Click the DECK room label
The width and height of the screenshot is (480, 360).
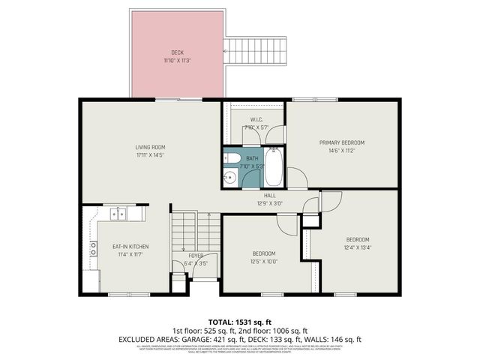(x=177, y=52)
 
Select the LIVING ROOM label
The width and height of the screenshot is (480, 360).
(x=150, y=147)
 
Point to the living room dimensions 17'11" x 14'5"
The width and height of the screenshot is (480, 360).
(x=150, y=155)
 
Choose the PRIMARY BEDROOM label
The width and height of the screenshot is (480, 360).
(x=341, y=142)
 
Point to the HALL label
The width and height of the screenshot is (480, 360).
(x=259, y=195)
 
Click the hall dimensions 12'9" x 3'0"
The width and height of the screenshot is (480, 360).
(x=259, y=202)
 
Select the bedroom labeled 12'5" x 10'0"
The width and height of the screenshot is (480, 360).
(x=264, y=257)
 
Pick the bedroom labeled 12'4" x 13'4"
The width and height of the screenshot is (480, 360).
(x=357, y=244)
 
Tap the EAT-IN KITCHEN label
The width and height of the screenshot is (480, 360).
(x=130, y=247)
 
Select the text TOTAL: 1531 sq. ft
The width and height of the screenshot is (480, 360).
(x=240, y=321)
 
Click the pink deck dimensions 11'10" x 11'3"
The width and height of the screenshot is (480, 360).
(x=177, y=60)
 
